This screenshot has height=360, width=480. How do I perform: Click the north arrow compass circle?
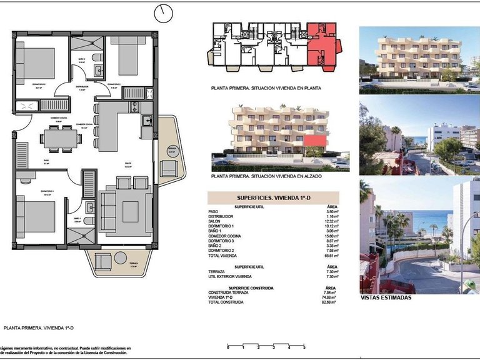[x=165, y=12]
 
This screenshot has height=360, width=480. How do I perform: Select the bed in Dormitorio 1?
[x=31, y=214]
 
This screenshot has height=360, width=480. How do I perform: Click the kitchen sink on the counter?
[x=146, y=120]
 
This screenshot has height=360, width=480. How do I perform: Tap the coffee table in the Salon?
[x=130, y=212]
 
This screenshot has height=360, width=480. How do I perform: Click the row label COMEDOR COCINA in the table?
[x=224, y=237]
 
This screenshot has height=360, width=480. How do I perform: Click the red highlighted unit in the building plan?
[x=325, y=47]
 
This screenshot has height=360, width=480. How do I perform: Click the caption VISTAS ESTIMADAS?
[x=386, y=298]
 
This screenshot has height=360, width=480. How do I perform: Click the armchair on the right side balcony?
[x=168, y=167]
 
